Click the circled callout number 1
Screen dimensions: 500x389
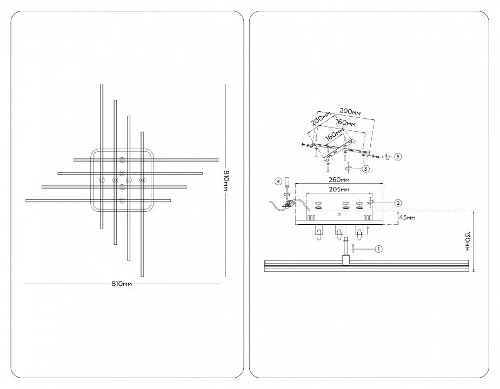(x=378, y=249)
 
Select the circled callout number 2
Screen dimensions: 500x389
(x=398, y=203)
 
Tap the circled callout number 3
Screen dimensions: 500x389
(x=365, y=169)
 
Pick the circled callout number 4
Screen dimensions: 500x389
(x=278, y=182)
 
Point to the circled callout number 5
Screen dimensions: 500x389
(x=398, y=157)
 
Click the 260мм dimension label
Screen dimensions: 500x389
(x=338, y=180)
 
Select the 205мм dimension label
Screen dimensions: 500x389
(x=338, y=190)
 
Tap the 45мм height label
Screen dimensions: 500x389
(x=407, y=217)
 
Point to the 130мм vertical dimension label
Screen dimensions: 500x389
(x=468, y=242)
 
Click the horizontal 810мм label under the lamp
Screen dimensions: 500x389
(x=122, y=284)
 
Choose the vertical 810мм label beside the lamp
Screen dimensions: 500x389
(x=226, y=180)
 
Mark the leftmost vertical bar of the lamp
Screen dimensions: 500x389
(x=102, y=156)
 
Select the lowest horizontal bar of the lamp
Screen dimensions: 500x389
(x=98, y=200)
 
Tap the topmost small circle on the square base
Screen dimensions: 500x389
(x=122, y=159)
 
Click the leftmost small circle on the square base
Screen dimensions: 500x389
(x=102, y=180)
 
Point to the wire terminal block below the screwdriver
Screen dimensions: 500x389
(x=289, y=204)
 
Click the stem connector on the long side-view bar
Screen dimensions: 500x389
(x=345, y=260)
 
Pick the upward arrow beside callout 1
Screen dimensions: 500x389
(x=353, y=249)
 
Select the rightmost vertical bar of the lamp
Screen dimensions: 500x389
(x=142, y=204)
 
